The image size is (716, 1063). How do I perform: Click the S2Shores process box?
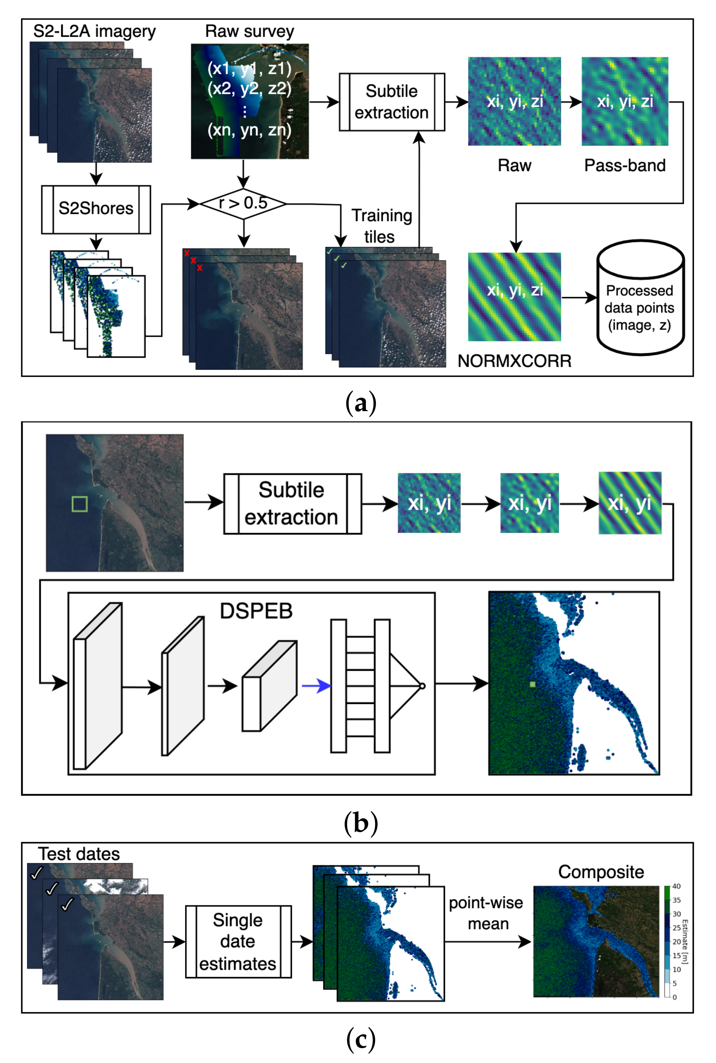click(x=96, y=209)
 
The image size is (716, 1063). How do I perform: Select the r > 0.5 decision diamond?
click(x=243, y=203)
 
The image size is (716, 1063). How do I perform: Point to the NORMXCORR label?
click(x=514, y=361)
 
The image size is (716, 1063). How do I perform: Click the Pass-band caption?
click(x=624, y=165)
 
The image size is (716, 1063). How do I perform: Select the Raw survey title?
click(x=249, y=32)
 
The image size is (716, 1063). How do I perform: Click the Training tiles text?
click(x=381, y=225)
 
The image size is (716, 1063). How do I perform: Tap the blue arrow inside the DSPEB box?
click(x=316, y=686)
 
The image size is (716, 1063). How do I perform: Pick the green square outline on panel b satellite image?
click(x=80, y=504)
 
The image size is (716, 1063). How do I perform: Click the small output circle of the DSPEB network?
click(x=422, y=686)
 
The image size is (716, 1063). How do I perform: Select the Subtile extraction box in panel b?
click(x=292, y=504)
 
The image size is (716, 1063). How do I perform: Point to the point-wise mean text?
click(x=486, y=913)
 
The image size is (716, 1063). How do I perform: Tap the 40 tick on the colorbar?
click(x=676, y=886)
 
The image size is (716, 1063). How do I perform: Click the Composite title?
click(x=601, y=872)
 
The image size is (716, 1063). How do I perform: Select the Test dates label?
click(x=78, y=854)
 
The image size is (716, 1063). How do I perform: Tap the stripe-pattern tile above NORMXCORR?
click(x=514, y=297)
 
